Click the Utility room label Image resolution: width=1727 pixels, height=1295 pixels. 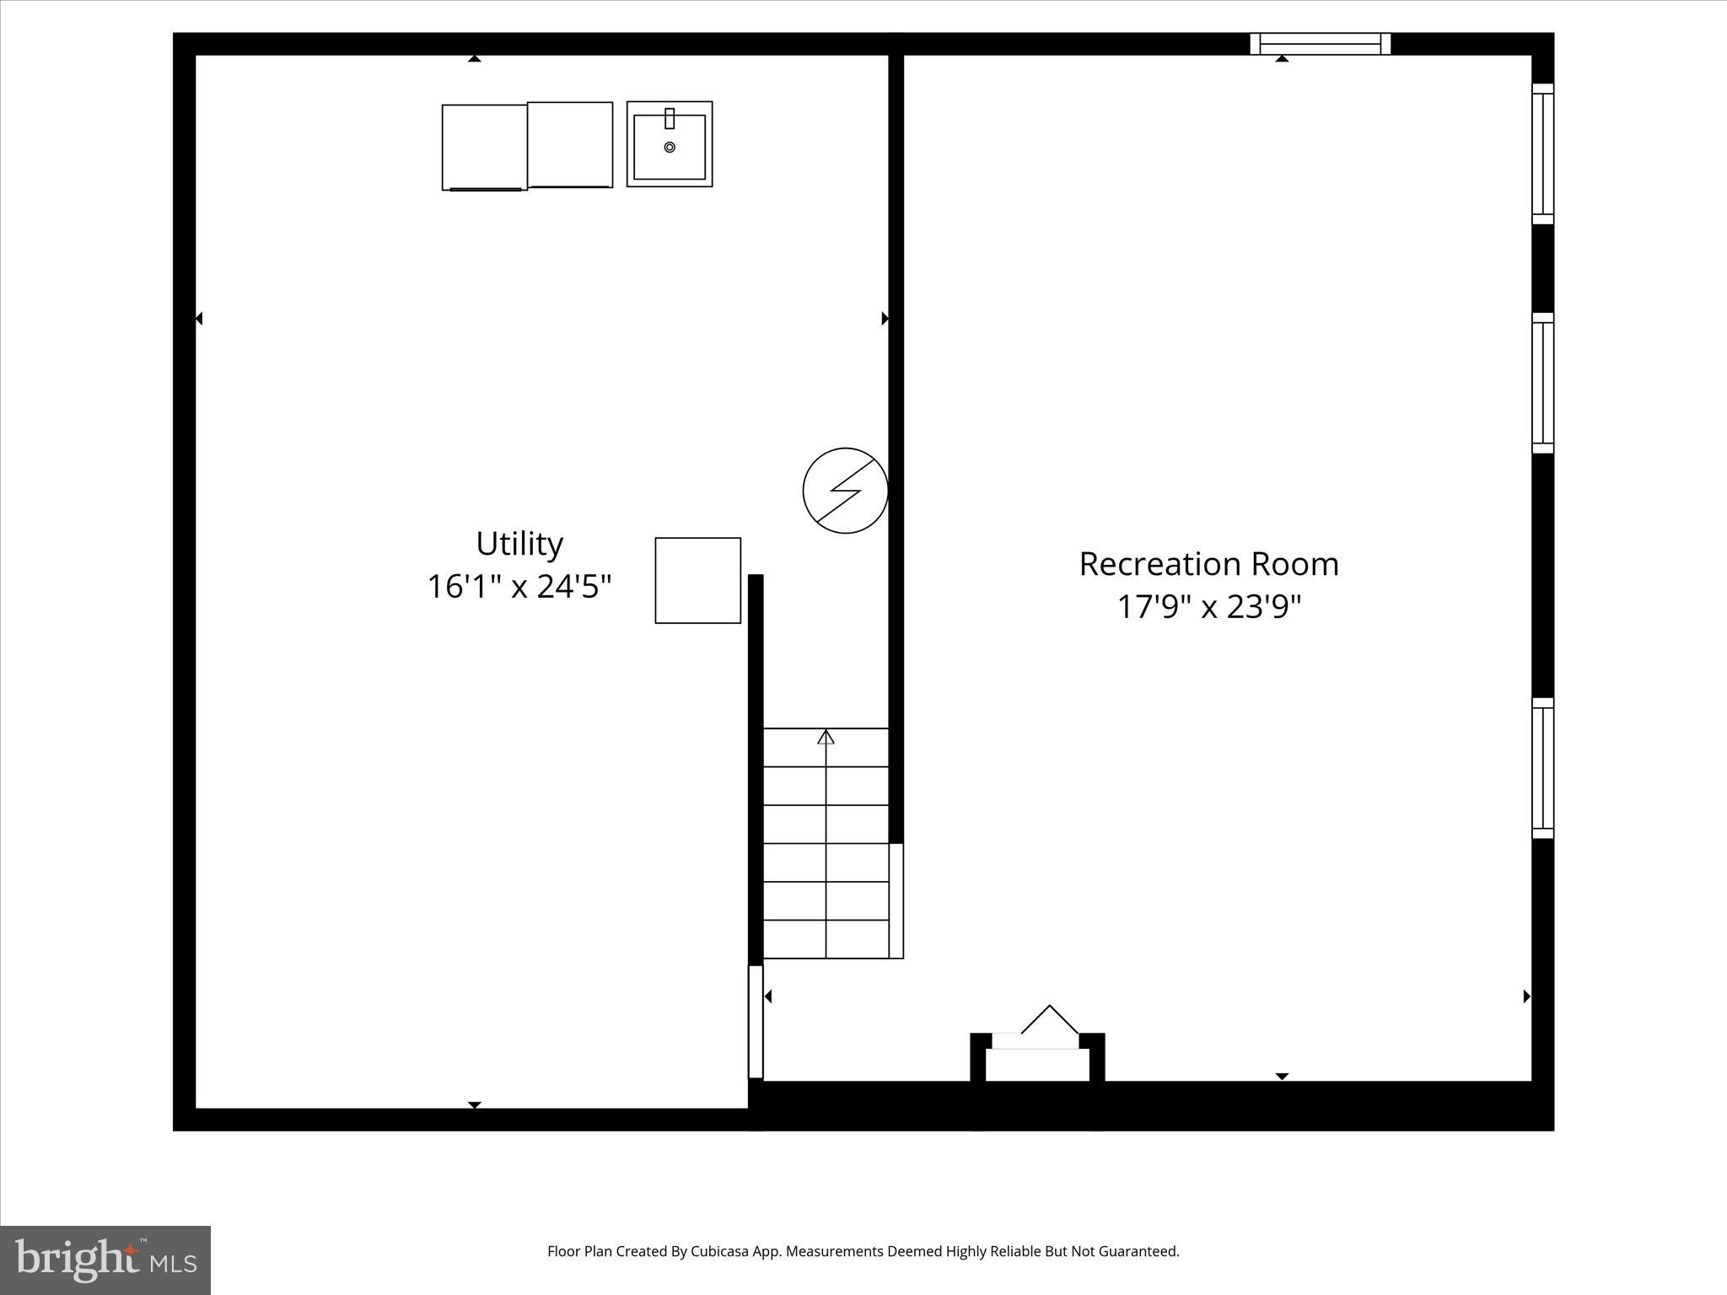click(519, 544)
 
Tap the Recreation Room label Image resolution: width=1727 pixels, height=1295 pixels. click(1208, 564)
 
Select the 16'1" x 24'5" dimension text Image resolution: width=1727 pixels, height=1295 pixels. click(519, 586)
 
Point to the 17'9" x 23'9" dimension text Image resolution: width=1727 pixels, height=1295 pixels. click(1208, 606)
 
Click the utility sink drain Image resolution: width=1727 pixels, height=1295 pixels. click(670, 148)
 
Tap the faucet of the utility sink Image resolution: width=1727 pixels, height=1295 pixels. click(670, 118)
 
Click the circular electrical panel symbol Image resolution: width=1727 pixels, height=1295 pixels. click(845, 490)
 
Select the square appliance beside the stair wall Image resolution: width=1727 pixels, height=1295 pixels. click(697, 580)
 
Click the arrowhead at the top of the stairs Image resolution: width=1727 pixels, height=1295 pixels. click(826, 737)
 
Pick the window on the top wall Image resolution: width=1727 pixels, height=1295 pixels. click(1320, 44)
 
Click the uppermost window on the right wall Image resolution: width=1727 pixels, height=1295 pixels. click(1542, 153)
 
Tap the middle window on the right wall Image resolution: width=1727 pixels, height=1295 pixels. click(1542, 383)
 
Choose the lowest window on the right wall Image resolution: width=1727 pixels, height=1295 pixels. click(1542, 767)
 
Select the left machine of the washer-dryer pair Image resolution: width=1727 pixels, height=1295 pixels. click(484, 148)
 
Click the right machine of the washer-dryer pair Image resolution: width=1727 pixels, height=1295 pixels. click(570, 145)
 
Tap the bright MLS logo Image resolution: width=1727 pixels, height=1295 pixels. click(105, 1260)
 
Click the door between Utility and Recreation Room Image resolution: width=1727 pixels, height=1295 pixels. click(756, 1021)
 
